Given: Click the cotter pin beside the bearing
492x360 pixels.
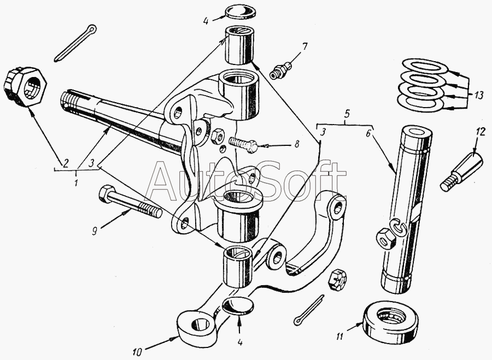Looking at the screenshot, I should pos(310,315).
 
